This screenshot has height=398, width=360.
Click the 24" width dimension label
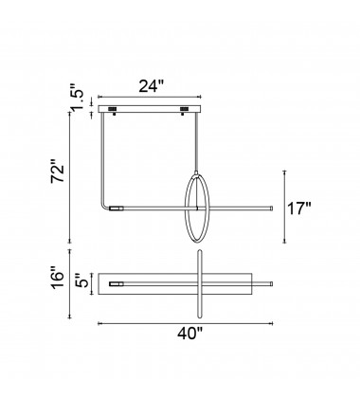click(x=152, y=86)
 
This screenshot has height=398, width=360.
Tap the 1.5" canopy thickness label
click(x=77, y=99)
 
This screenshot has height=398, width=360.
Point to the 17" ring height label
click(x=299, y=208)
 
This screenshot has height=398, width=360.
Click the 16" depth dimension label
click(x=58, y=278)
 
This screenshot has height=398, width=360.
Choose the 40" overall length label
click(x=189, y=334)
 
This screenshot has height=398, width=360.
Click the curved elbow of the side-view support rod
click(x=104, y=205)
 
